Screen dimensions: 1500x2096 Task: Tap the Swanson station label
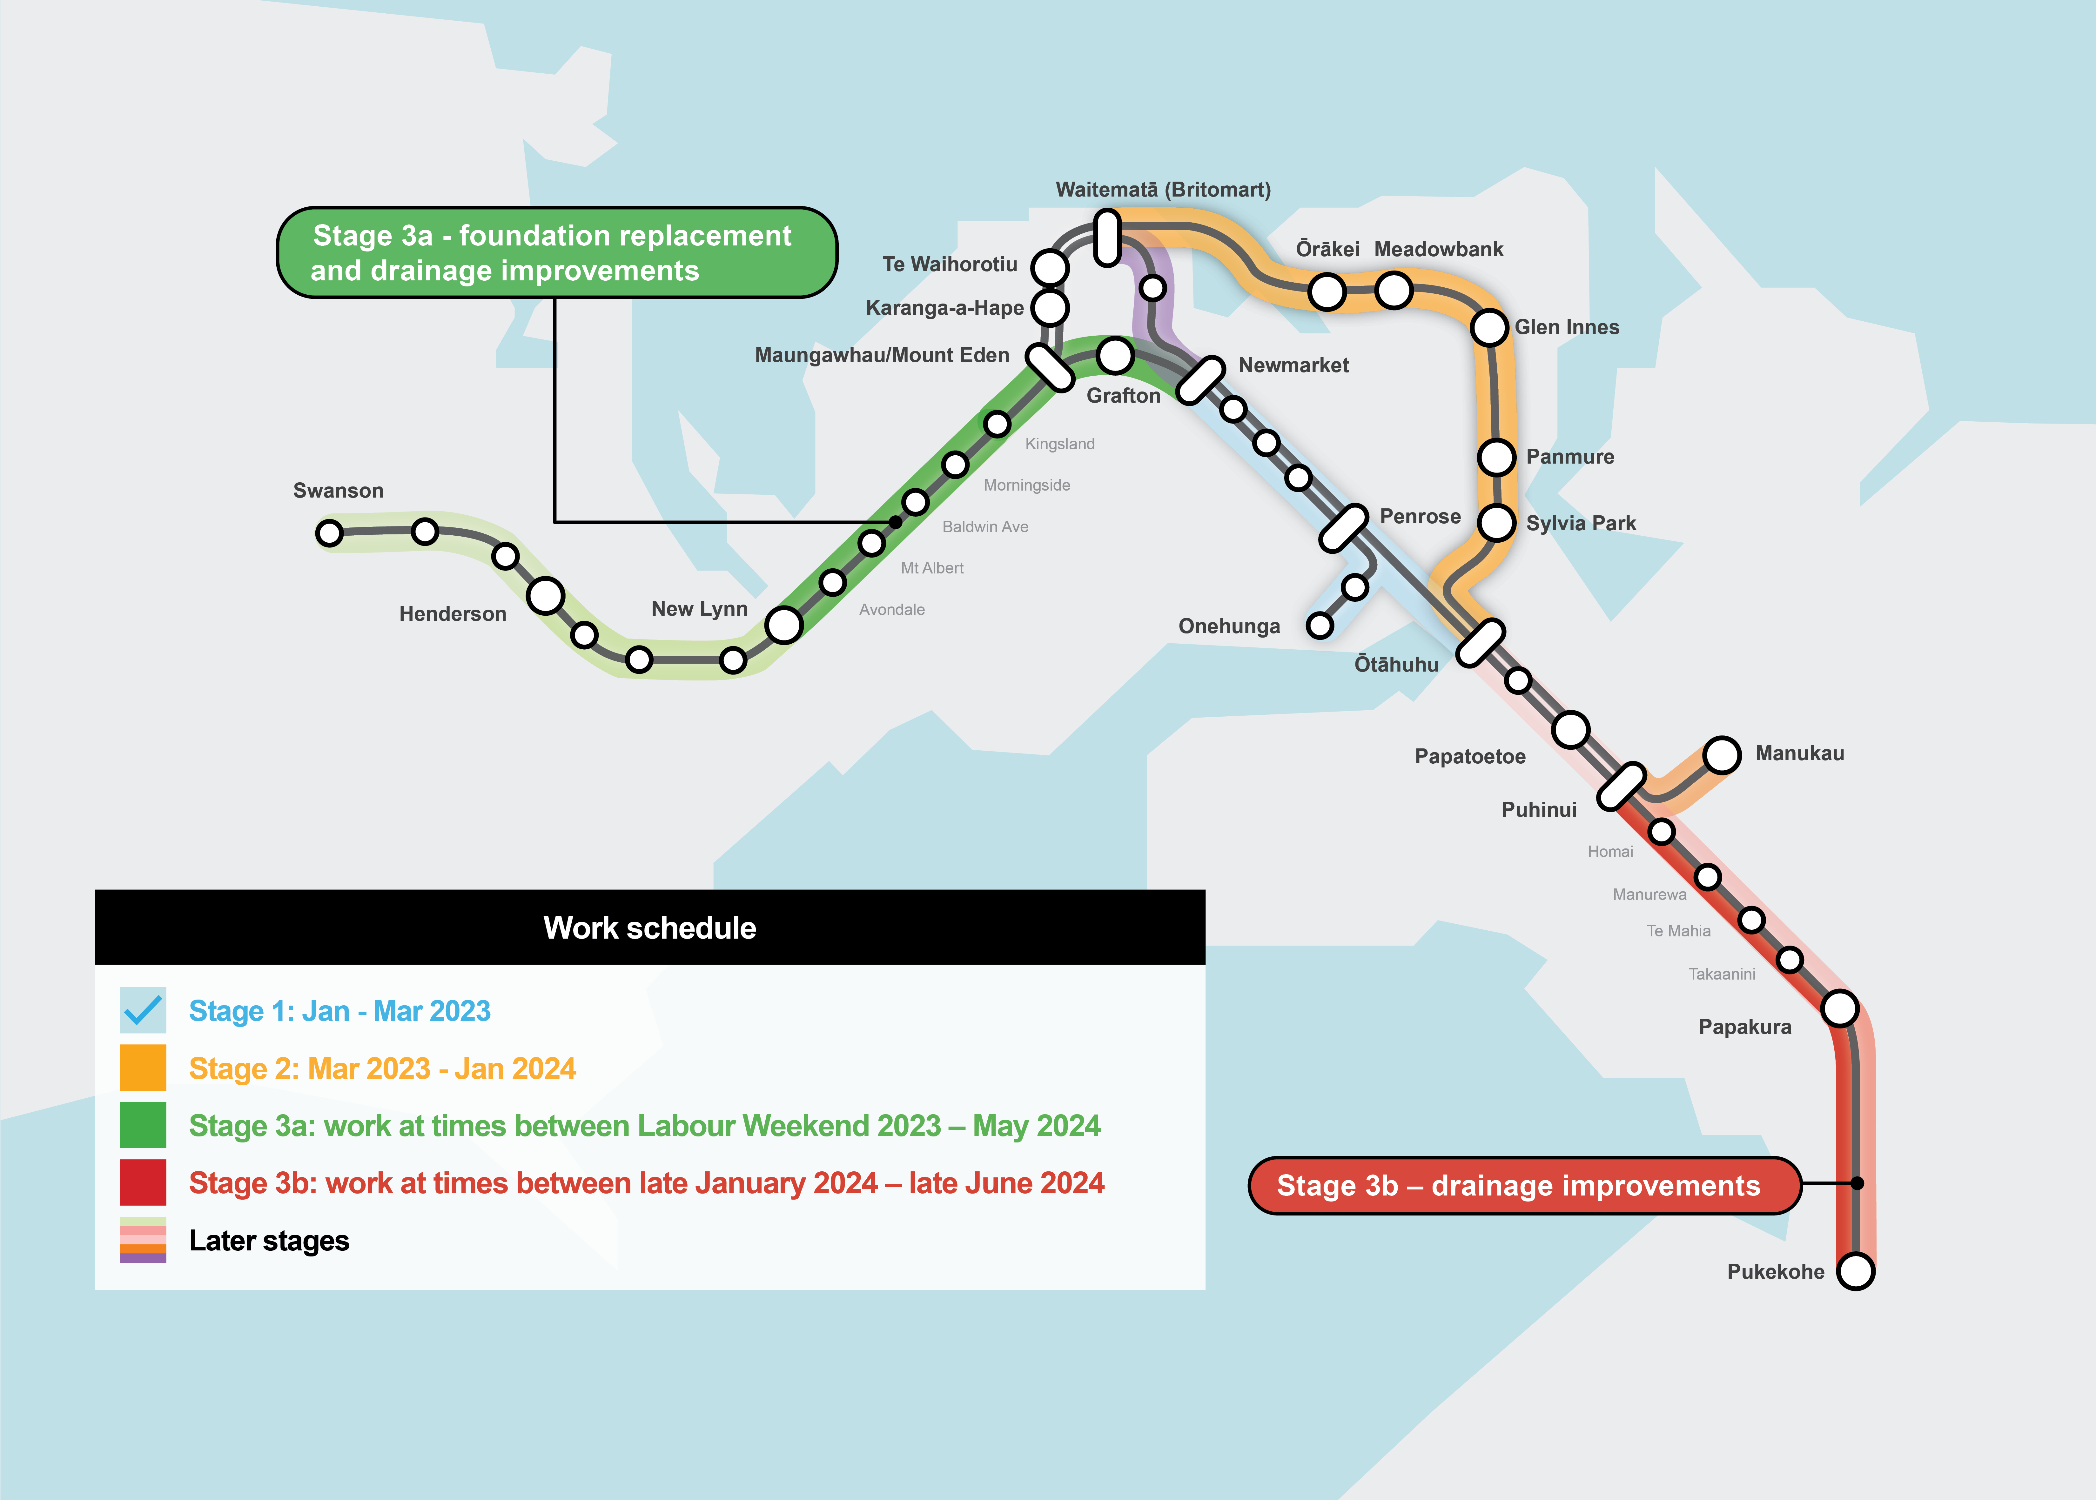(x=338, y=491)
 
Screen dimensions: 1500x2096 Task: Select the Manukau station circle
(x=1722, y=755)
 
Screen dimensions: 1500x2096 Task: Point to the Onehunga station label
(x=1229, y=626)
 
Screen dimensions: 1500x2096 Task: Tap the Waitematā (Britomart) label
(x=1163, y=189)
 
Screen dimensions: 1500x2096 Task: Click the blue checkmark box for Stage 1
(x=143, y=1010)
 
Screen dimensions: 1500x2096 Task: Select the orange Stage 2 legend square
(x=143, y=1068)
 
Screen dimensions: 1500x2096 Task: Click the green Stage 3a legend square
(x=143, y=1125)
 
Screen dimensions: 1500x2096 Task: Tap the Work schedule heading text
(x=649, y=927)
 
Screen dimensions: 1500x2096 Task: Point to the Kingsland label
(x=1059, y=444)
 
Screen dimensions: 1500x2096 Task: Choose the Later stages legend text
(x=269, y=1241)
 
